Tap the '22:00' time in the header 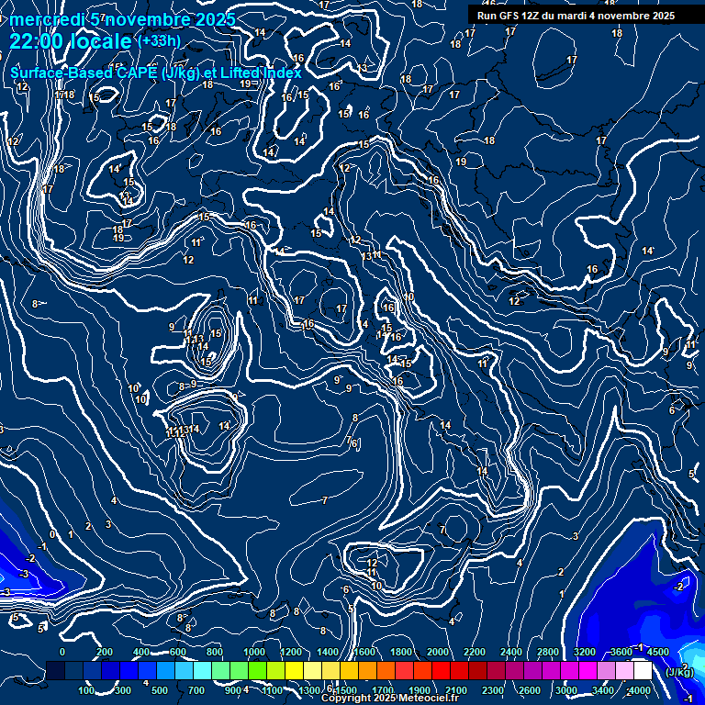[36, 41]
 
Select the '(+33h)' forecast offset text [158, 41]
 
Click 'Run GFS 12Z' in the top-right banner [511, 16]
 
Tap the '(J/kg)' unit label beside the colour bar [679, 673]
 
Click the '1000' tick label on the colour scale [253, 652]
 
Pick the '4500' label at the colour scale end [656, 652]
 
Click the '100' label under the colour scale [86, 690]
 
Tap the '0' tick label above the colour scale [62, 652]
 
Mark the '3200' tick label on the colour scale [585, 652]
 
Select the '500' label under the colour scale [160, 690]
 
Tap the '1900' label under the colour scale [419, 690]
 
